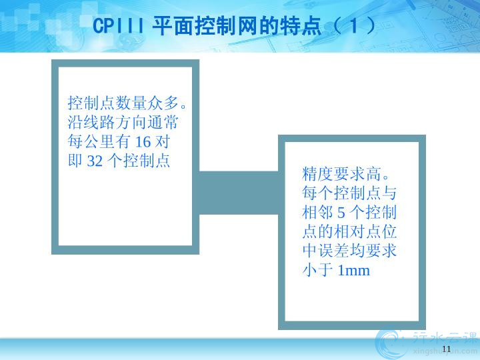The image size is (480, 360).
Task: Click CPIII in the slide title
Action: (x=119, y=25)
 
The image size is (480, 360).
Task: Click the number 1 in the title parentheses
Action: (x=354, y=25)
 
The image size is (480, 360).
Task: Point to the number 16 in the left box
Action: (x=143, y=142)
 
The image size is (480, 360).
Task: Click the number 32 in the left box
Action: (x=95, y=161)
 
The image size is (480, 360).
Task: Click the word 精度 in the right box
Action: (x=318, y=173)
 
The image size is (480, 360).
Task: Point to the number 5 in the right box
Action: (x=341, y=213)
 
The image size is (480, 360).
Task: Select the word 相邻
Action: (x=318, y=212)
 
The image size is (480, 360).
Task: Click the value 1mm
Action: (x=353, y=271)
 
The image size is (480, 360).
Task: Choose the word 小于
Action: (x=318, y=270)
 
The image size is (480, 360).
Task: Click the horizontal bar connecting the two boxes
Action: (x=239, y=193)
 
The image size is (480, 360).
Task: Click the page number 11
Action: (x=447, y=349)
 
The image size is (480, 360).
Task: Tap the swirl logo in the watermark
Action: (x=391, y=345)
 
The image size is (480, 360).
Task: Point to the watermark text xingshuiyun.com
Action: (x=445, y=351)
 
